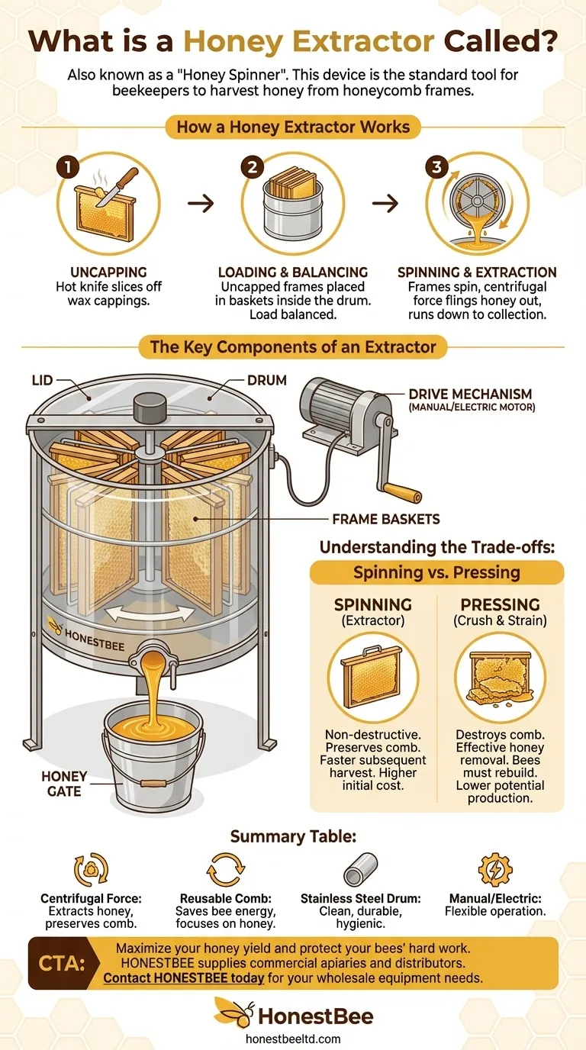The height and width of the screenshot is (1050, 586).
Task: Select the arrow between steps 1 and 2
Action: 201,204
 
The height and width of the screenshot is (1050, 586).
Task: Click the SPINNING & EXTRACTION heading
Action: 477,272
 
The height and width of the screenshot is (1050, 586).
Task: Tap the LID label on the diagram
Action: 42,379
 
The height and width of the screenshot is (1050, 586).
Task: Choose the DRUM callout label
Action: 266,379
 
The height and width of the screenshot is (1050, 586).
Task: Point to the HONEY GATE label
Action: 64,784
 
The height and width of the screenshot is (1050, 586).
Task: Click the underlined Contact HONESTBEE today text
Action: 184,978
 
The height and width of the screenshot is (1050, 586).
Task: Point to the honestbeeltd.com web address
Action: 293,1039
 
